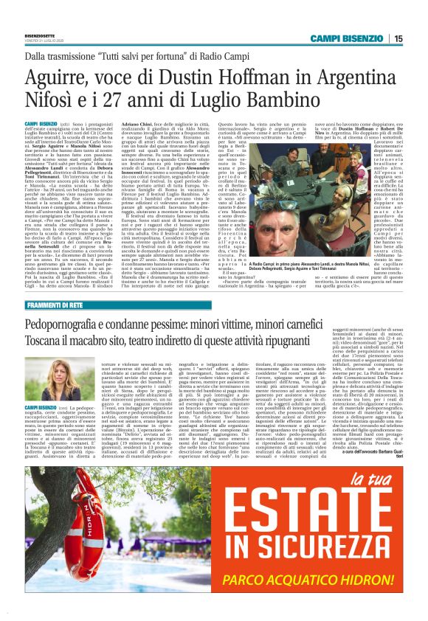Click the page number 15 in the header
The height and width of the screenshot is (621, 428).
[x=397, y=39]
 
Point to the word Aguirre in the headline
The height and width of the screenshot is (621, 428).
[x=61, y=77]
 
